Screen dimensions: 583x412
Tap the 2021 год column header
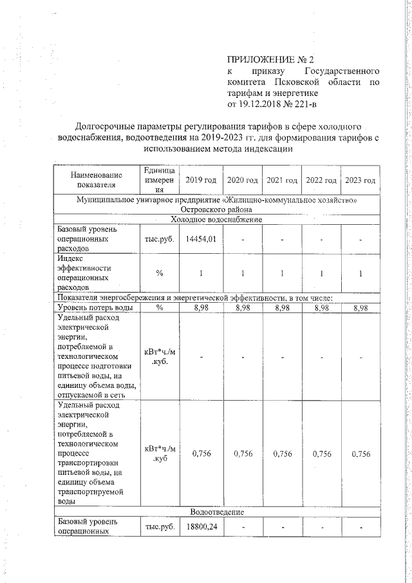(x=282, y=179)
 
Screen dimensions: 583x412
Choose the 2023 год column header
(x=360, y=179)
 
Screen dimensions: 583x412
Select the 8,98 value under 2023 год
(x=360, y=308)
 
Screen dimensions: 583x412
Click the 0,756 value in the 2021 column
(x=282, y=454)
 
